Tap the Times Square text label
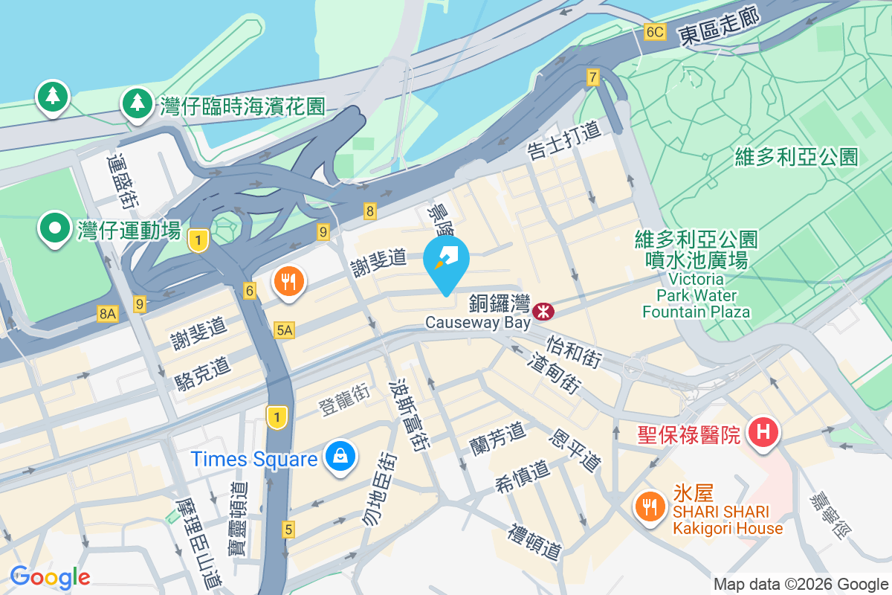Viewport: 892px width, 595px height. (x=254, y=459)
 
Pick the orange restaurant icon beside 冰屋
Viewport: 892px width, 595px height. (x=650, y=507)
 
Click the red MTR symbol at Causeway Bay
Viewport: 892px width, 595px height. (x=544, y=311)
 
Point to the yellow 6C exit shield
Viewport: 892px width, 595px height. (x=655, y=32)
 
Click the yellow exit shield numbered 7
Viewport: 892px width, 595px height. (x=592, y=77)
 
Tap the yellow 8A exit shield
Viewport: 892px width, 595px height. (x=108, y=315)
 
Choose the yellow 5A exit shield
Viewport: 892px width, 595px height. (x=283, y=329)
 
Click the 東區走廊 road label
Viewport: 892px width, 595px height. (x=719, y=28)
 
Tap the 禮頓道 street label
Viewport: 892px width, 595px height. (x=534, y=542)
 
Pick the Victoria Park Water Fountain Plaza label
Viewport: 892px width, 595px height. (x=697, y=295)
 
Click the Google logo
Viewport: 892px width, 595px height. (x=50, y=577)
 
